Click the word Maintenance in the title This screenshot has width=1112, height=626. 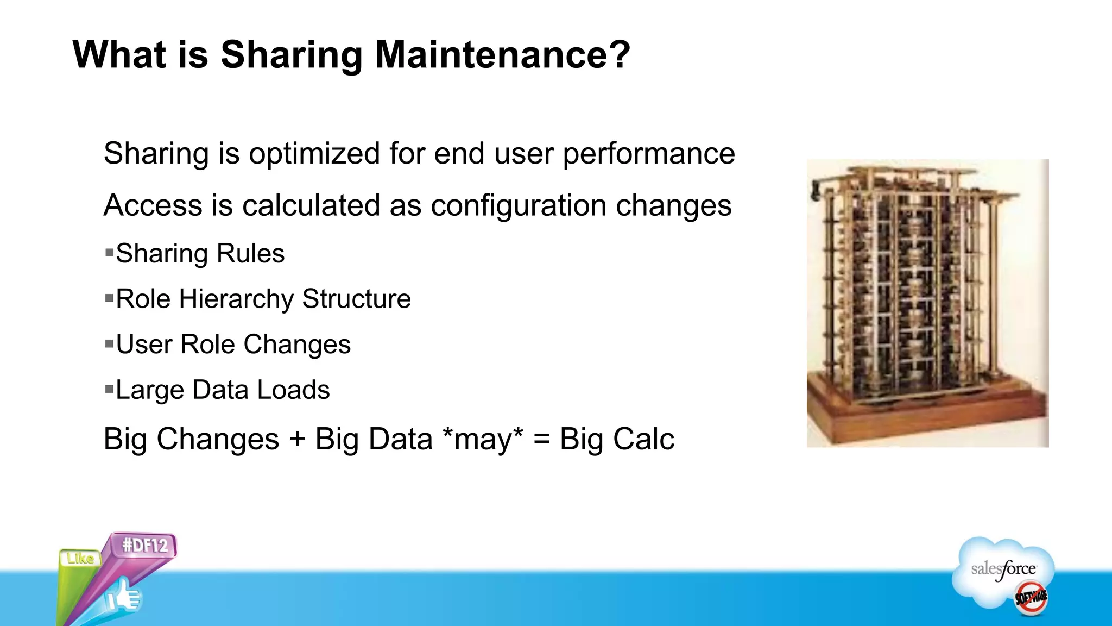click(x=502, y=55)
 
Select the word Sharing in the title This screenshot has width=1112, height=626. click(x=291, y=55)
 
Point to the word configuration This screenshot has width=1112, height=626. click(x=519, y=206)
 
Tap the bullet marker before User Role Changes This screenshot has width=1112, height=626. click(x=109, y=343)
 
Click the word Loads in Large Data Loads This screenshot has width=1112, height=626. click(x=293, y=390)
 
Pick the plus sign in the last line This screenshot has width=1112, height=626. click(x=297, y=439)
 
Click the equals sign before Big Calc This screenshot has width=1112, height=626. click(x=541, y=439)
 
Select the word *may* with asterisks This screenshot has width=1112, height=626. click(x=483, y=439)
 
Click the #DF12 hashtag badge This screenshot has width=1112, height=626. click(x=144, y=545)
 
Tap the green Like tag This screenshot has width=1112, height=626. click(x=80, y=558)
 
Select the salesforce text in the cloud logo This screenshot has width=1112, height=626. click(x=1003, y=569)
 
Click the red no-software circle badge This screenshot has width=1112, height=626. click(x=1031, y=598)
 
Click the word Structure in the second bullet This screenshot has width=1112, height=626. click(x=356, y=299)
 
